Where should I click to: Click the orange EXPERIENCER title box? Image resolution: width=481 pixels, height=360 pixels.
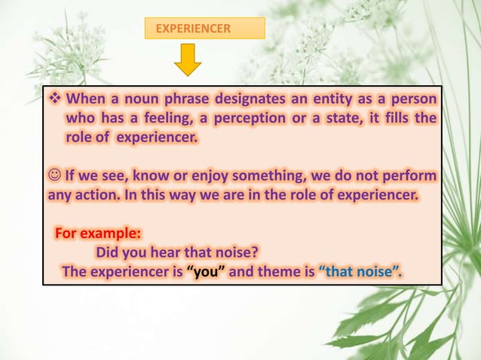pos(204,29)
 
